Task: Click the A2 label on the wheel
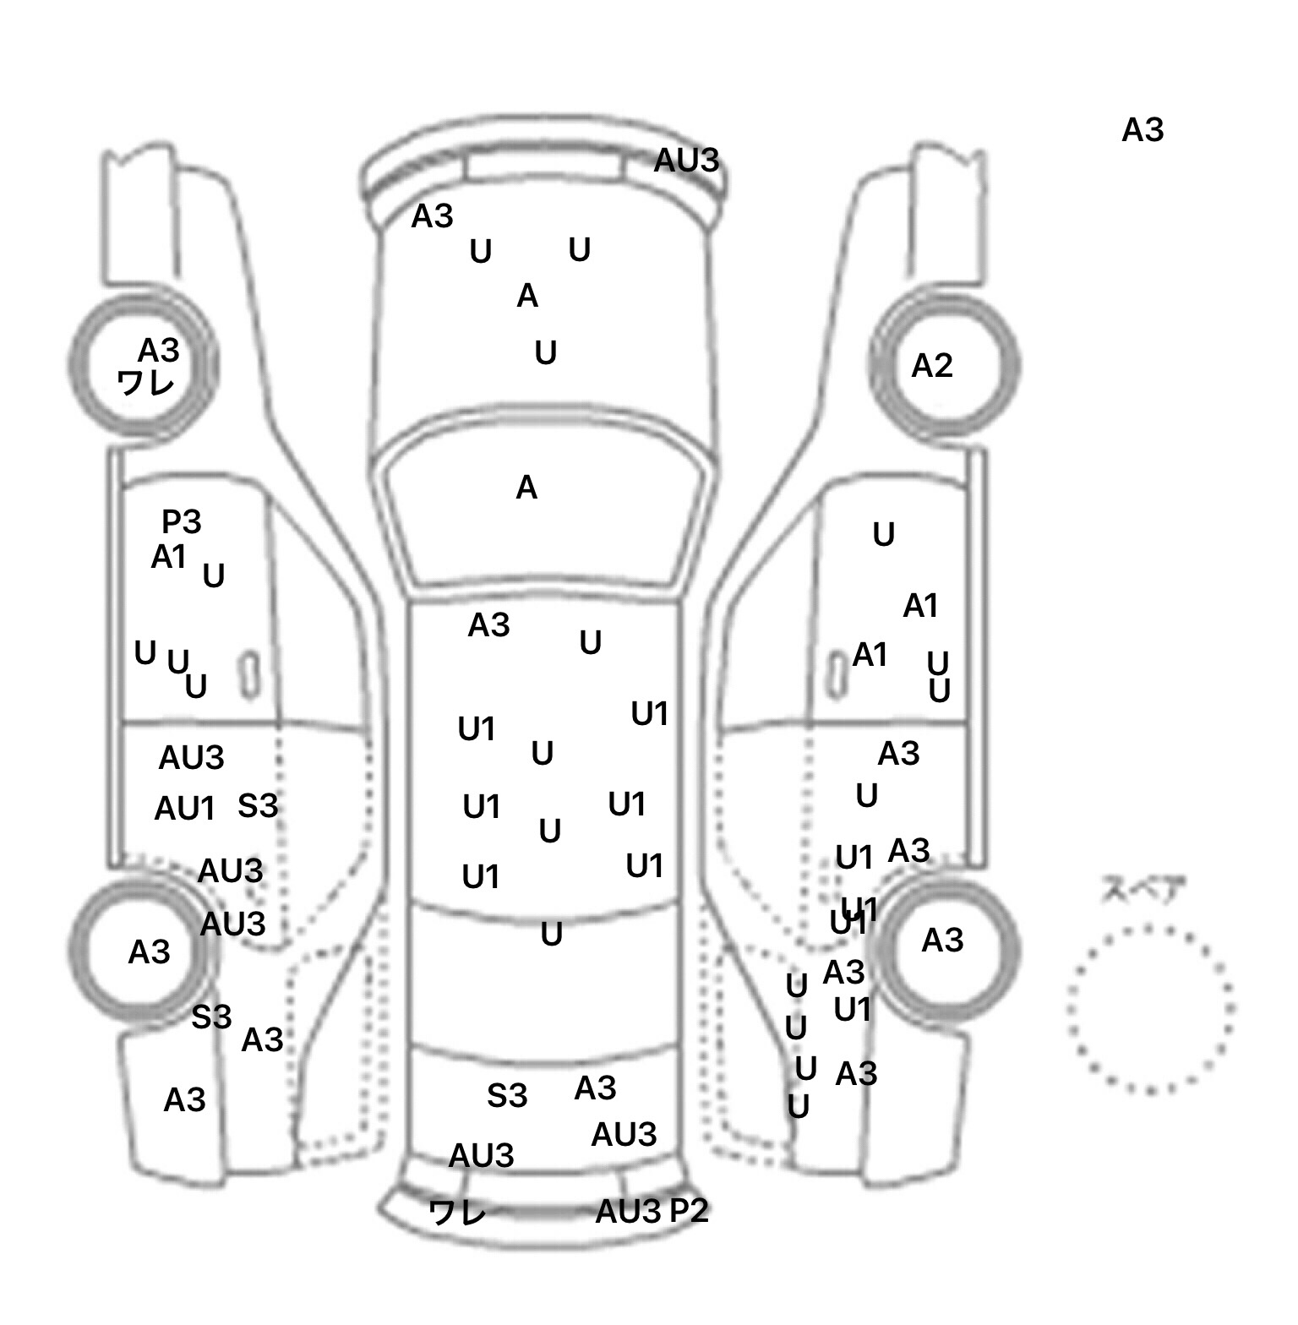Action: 931,366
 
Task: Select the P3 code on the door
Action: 181,522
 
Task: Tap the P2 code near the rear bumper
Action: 689,1211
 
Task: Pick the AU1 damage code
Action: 184,809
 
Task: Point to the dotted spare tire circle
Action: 1149,1008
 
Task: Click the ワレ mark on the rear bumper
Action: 457,1213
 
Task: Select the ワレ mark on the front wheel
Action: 145,383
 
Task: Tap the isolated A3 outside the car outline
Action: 1143,130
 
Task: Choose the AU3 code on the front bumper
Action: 686,160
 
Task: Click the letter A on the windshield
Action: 526,488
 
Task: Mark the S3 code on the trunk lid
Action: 507,1095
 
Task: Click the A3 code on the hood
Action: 432,216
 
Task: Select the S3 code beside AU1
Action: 258,805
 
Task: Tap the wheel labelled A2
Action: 946,366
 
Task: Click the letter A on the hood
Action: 527,296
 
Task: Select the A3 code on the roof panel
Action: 488,625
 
